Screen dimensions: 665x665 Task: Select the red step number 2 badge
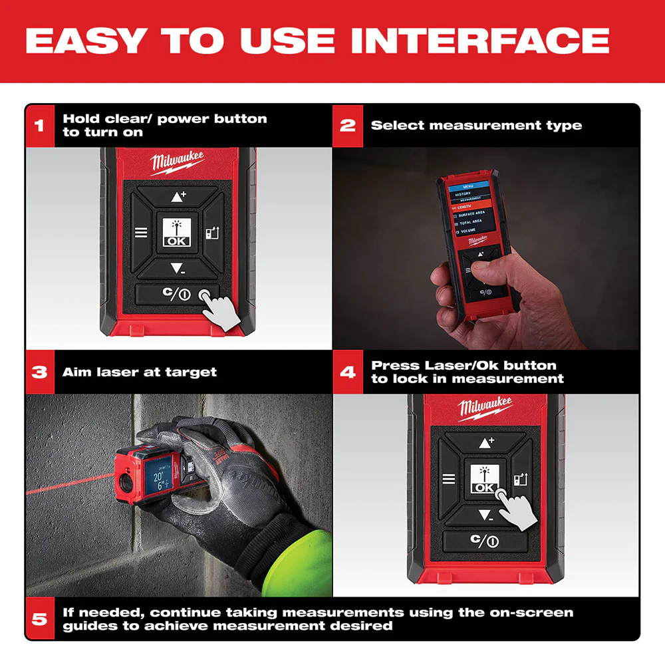pos(348,125)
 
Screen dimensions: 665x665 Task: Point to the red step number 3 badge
pos(40,372)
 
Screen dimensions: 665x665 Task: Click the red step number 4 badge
pos(348,372)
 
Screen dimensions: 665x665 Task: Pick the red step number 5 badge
pos(40,618)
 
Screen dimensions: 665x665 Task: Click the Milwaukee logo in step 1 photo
pos(177,162)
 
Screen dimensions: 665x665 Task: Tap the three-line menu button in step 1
pos(141,233)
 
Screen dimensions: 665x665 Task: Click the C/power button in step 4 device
pos(485,541)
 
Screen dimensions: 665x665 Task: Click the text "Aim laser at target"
pos(140,372)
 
